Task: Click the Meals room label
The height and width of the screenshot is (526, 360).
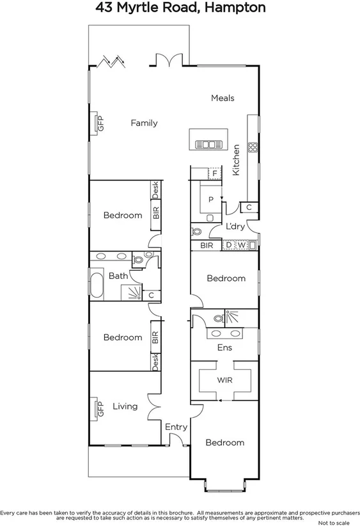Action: coord(223,98)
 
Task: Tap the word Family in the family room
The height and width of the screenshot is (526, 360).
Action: coord(144,123)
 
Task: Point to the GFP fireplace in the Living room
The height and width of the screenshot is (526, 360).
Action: coord(100,408)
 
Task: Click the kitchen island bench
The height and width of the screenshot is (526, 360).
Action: coord(208,139)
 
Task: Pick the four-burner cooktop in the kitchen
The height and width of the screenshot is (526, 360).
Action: coord(253,147)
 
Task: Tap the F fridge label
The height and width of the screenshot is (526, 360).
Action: coord(215,173)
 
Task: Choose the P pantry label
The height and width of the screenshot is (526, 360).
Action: coord(210,199)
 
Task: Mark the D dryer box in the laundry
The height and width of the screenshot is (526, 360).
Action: coord(228,244)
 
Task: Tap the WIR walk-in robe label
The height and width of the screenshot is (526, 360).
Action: coord(224,379)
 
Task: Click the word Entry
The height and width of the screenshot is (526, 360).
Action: coord(176,427)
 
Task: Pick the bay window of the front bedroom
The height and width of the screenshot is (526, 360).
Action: coord(224,486)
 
